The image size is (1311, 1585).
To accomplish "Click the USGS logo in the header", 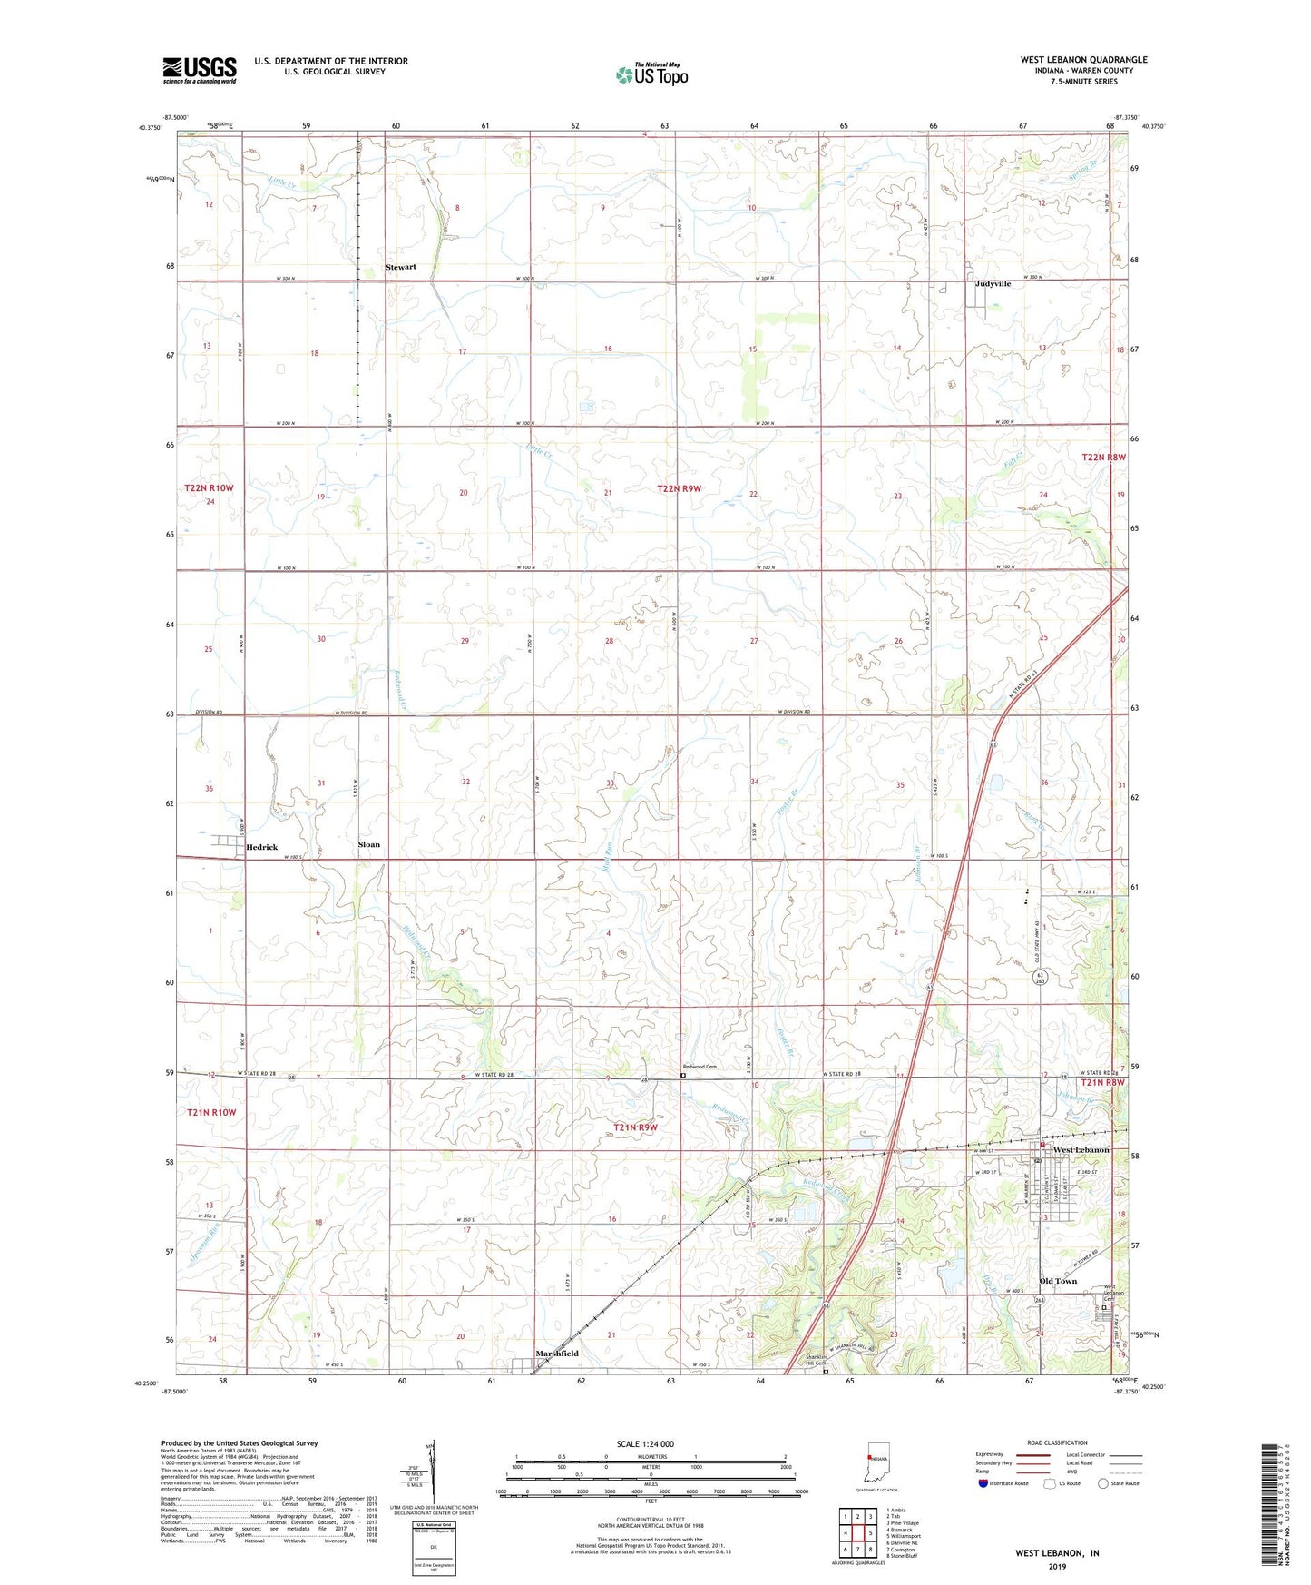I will click(x=200, y=70).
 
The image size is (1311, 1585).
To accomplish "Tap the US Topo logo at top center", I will click(x=651, y=74).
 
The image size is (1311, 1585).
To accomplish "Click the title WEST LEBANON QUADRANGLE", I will click(x=1083, y=60).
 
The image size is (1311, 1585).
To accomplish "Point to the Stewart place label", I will click(x=401, y=267).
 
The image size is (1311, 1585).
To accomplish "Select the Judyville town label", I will click(x=993, y=284).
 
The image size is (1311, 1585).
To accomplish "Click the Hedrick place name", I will click(x=262, y=847).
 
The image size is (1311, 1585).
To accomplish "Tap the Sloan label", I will click(x=369, y=844).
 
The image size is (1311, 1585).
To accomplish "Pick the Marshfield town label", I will click(x=557, y=1354).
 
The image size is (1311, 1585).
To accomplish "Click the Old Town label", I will click(x=1058, y=1281).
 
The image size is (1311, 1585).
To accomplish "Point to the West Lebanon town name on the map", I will click(x=1081, y=1150).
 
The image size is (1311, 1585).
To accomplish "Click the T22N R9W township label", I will click(x=680, y=489).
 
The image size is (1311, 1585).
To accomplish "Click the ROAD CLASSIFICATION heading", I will click(x=1058, y=1442).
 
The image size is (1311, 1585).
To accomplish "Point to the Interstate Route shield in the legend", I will click(x=983, y=1483).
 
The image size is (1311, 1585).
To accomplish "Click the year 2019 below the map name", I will click(x=1057, y=1566).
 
